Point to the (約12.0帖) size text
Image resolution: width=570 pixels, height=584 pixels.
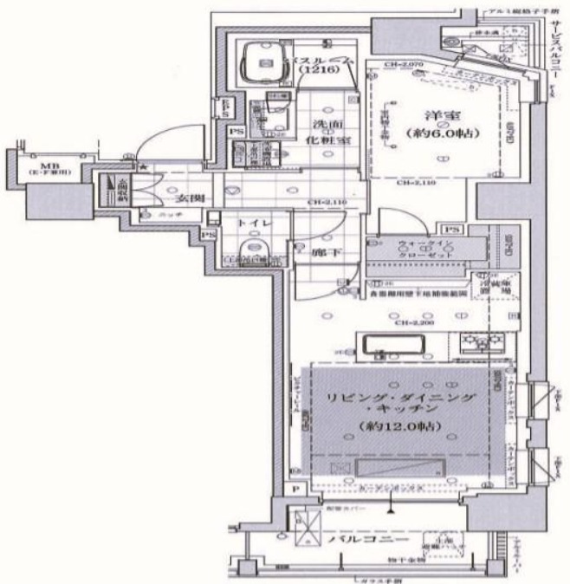click(398, 428)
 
